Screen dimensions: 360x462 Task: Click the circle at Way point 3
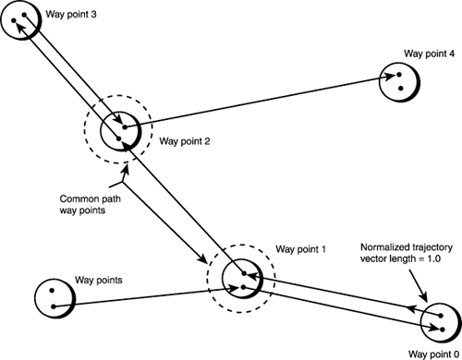point(20,22)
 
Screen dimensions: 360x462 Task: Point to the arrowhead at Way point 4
point(386,80)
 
